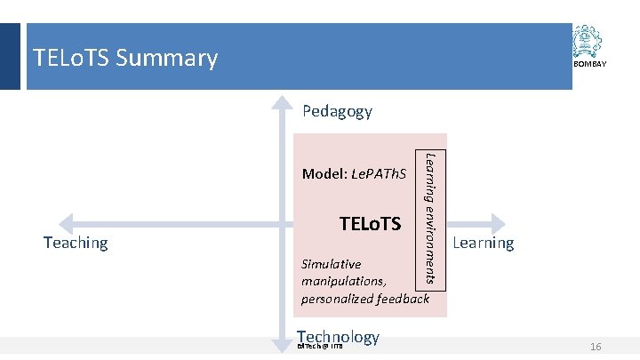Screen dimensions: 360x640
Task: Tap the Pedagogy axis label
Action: coord(337,111)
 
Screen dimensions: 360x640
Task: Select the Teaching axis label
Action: coord(76,242)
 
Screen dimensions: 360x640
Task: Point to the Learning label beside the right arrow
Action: coord(484,243)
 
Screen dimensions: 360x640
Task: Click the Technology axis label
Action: coord(339,336)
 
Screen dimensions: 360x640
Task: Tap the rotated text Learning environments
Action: coord(430,218)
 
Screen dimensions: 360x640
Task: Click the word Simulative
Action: coord(332,264)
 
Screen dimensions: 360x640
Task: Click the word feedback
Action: coord(405,298)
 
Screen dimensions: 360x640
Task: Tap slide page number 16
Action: coord(596,346)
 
